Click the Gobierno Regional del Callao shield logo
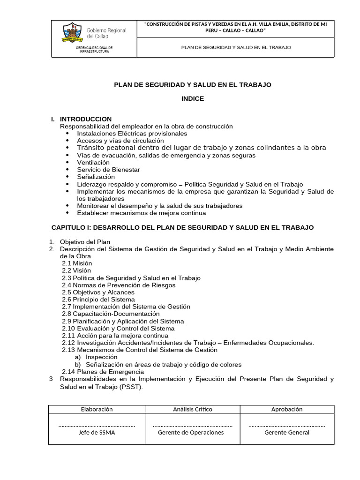tap(73, 33)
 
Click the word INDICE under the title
tap(193, 98)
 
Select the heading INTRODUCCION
tap(86, 119)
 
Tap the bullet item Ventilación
tap(93, 162)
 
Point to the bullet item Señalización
tap(96, 177)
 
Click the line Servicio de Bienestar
tap(108, 170)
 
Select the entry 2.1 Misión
tap(77, 263)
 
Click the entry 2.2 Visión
tap(76, 270)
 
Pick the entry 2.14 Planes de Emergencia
tap(103, 372)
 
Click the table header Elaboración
tap(97, 409)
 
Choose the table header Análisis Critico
tap(192, 409)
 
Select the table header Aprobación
tap(286, 409)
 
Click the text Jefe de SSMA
tap(97, 433)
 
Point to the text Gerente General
tap(286, 433)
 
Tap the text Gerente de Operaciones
tap(192, 433)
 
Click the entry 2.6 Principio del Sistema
tap(98, 300)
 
